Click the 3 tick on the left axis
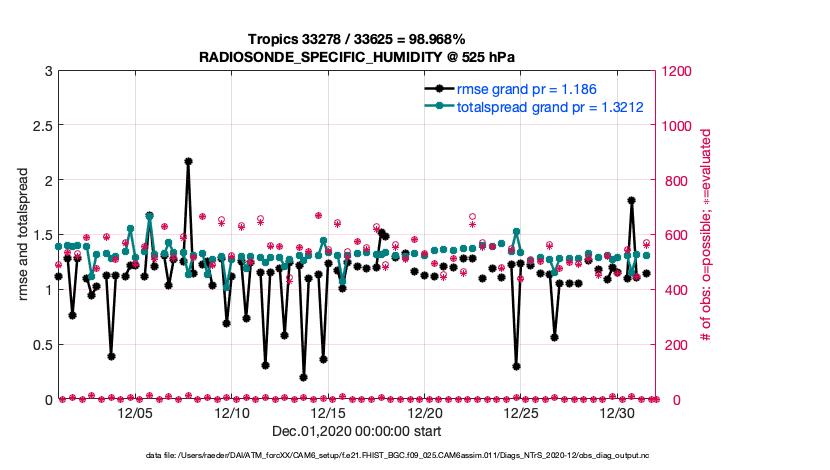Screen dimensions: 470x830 click(x=48, y=71)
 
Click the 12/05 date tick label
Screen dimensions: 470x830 click(x=135, y=413)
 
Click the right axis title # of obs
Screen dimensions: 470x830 click(x=705, y=236)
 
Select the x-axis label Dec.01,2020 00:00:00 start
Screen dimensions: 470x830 click(x=356, y=432)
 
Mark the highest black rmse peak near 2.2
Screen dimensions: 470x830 click(x=188, y=161)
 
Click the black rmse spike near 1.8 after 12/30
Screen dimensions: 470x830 click(x=632, y=200)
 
